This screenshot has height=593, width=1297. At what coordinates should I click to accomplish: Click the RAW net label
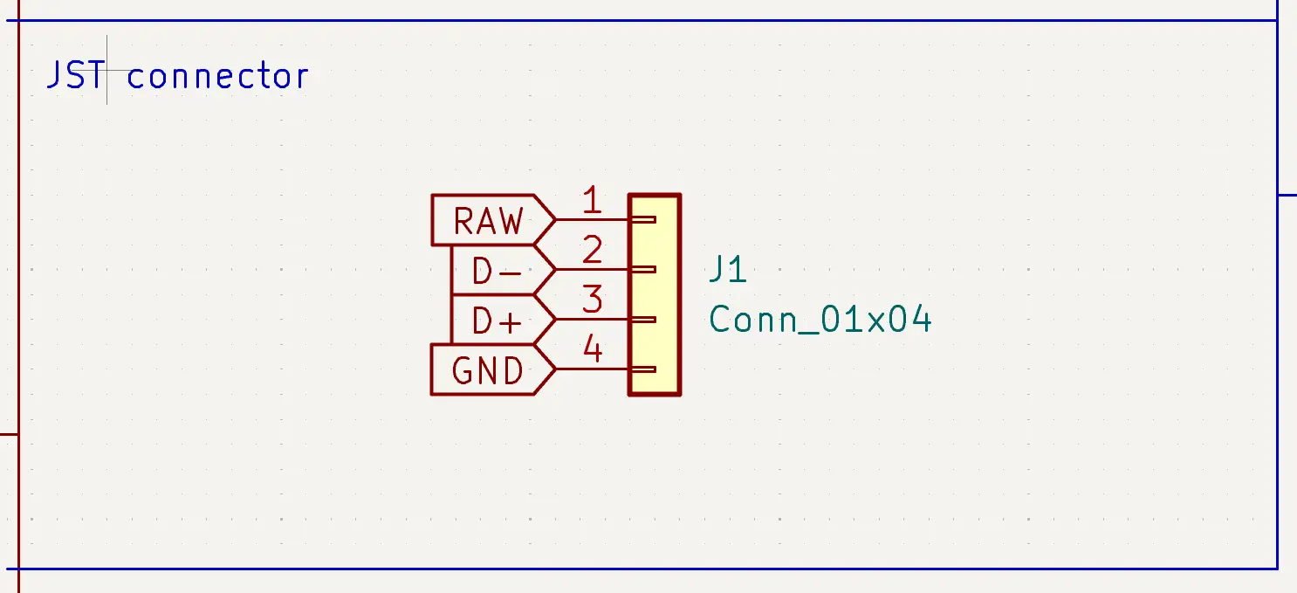(489, 221)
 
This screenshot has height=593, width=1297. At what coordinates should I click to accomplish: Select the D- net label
(497, 272)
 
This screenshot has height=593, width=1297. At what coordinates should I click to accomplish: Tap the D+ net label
(497, 322)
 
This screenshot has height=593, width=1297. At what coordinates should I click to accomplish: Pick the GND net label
(488, 372)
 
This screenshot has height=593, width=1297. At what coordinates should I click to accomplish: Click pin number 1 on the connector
(593, 202)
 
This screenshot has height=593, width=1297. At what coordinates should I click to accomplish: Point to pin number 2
(593, 252)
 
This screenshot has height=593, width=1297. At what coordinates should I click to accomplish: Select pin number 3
(593, 300)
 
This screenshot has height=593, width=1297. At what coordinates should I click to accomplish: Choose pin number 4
(593, 350)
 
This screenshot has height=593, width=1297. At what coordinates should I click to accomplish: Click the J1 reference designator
(728, 271)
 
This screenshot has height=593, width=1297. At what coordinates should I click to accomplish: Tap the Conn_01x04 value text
(820, 321)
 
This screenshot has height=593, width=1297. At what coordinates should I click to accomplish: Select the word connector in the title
(217, 77)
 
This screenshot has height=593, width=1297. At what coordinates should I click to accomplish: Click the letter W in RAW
(511, 221)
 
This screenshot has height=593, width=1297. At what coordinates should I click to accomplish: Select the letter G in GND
(463, 372)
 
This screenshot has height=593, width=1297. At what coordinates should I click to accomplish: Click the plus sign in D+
(511, 322)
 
